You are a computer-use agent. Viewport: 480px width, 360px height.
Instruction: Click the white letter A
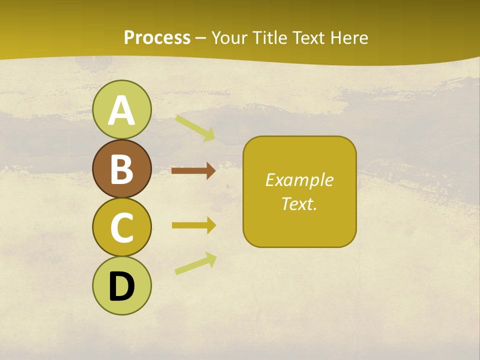(x=121, y=110)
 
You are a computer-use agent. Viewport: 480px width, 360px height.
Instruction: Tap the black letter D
(x=121, y=286)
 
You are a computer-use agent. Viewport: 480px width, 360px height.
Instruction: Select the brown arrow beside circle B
(x=193, y=171)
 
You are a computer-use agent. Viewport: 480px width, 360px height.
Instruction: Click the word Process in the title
(x=157, y=38)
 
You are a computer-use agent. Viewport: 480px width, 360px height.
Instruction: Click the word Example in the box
(x=299, y=180)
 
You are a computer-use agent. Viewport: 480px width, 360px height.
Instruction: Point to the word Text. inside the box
(x=299, y=204)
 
